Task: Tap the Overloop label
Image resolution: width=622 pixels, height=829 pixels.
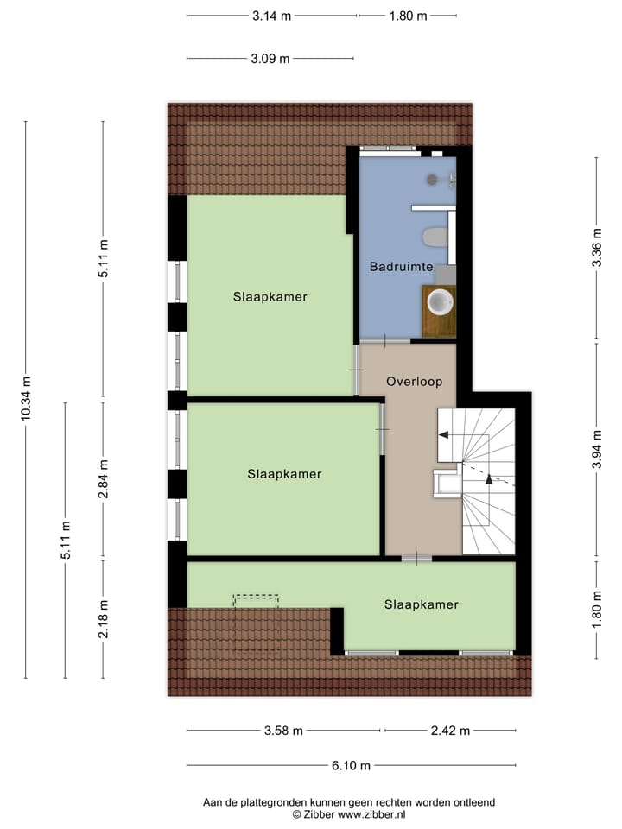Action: [414, 381]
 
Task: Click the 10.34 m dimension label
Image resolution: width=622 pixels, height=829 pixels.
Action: [26, 399]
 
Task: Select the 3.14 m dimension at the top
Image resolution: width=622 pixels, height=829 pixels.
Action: [271, 16]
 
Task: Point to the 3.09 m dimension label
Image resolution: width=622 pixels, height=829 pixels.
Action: [270, 59]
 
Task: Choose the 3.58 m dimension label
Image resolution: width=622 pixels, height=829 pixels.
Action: [283, 731]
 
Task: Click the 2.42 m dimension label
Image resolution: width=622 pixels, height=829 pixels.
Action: [450, 731]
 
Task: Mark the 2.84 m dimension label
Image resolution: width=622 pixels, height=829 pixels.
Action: [103, 479]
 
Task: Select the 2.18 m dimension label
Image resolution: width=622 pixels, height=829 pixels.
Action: [103, 619]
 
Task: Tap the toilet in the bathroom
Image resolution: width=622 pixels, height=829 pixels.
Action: [435, 237]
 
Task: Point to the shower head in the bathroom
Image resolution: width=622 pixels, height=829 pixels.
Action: [433, 180]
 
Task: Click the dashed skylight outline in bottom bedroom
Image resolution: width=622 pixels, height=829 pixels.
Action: [256, 621]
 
